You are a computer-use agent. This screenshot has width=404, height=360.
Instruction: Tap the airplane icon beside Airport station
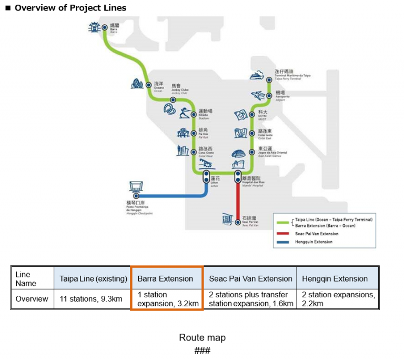point(258,95)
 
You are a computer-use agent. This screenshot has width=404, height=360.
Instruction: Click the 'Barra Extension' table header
point(165,278)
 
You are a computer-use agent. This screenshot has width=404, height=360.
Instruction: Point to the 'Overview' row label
point(32,298)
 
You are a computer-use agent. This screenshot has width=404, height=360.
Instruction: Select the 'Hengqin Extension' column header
point(335,278)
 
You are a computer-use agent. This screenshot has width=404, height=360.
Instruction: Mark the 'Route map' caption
point(202,337)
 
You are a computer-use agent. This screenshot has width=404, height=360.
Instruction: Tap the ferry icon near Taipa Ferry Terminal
point(258,75)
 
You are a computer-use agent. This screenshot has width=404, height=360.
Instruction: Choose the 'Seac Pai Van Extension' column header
point(250,278)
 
